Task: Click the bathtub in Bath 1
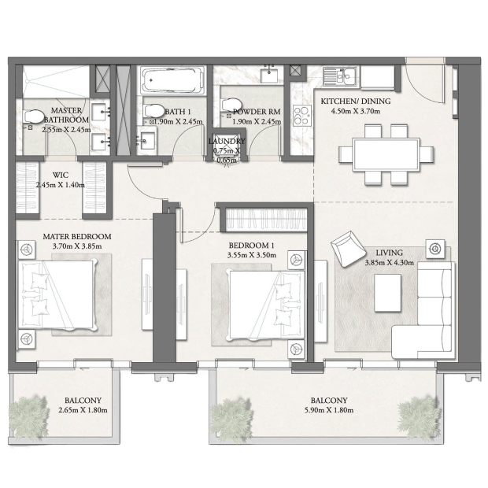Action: [x=173, y=80]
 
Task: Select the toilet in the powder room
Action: [x=231, y=105]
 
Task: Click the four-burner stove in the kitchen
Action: [x=302, y=116]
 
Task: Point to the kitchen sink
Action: [x=341, y=76]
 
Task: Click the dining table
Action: [x=386, y=155]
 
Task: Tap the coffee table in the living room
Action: [x=387, y=293]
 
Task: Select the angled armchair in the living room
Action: [x=348, y=249]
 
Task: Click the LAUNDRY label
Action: [x=227, y=142]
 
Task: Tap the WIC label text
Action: [x=61, y=175]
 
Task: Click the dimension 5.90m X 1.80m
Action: [x=329, y=410]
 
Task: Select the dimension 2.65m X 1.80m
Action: [x=83, y=410]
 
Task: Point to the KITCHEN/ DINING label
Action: [x=356, y=102]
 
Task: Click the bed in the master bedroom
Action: [x=57, y=295]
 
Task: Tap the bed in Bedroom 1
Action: [x=266, y=305]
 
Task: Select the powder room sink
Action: [x=269, y=75]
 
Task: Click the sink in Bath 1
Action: [x=147, y=141]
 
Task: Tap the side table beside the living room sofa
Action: [x=435, y=249]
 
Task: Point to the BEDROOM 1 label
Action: [x=251, y=246]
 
